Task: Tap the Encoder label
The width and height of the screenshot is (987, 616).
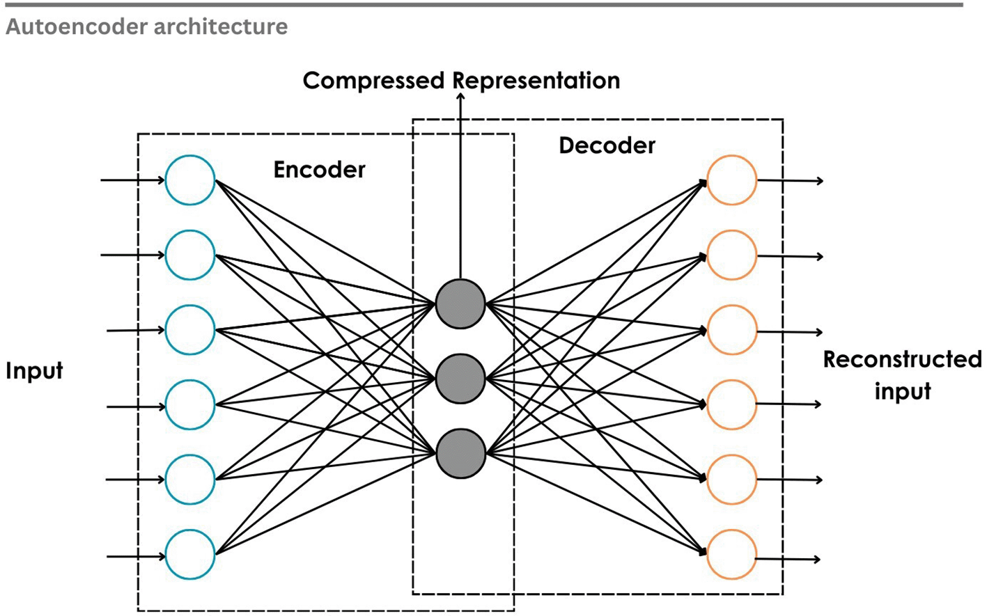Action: coord(319,170)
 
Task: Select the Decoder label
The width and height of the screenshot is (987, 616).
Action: coord(607,145)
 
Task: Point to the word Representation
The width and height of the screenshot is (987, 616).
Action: coord(537,81)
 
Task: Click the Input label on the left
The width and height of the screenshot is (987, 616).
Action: coord(34,370)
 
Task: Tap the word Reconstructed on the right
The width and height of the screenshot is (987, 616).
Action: coord(902,359)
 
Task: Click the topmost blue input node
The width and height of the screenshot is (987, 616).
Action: coord(190,180)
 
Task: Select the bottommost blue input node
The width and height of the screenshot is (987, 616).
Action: coord(190,555)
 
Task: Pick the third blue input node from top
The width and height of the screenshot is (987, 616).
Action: coord(190,330)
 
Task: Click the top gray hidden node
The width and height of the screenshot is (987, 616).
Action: coord(460,304)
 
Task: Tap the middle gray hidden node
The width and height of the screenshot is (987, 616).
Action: coord(460,379)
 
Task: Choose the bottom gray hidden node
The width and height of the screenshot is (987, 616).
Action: coord(460,454)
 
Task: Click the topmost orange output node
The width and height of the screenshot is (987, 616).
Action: coord(731,180)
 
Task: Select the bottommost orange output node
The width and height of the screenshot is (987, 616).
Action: coord(731,555)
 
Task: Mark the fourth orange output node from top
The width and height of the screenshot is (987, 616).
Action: coord(731,404)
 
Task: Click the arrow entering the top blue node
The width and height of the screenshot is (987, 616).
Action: coord(132,180)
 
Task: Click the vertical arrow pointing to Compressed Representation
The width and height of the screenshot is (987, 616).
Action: coord(460,188)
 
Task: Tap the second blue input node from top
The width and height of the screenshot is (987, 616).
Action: coord(190,255)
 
